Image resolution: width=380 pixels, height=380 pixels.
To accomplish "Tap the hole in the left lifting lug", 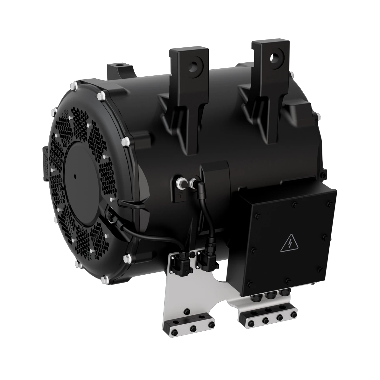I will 192,67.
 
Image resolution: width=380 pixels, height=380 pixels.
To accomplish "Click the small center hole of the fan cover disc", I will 75,175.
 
